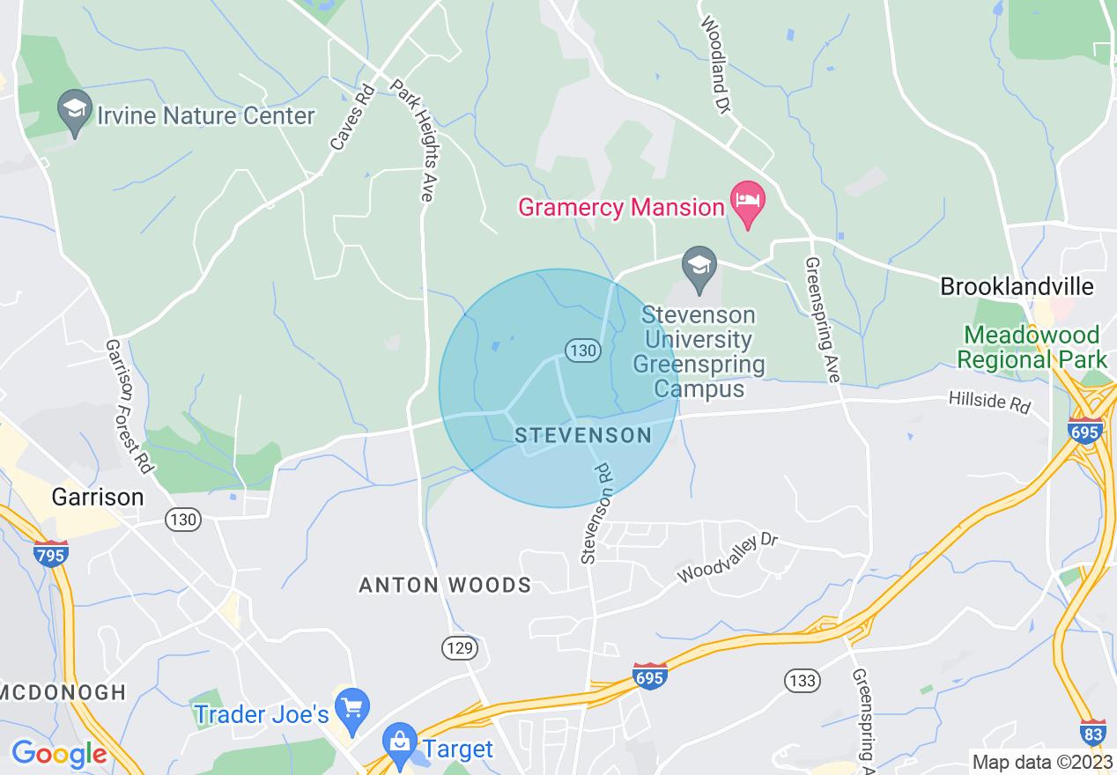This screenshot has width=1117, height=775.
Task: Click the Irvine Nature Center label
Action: tap(206, 115)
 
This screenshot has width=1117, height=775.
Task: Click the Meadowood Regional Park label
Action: tap(1032, 347)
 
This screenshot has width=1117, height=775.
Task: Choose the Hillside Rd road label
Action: tap(989, 402)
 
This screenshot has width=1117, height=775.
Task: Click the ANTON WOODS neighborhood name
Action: tap(445, 585)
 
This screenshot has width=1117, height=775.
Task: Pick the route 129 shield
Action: tap(460, 649)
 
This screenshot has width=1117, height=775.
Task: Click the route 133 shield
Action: tap(803, 680)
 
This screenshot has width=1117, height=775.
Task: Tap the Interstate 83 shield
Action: tap(1092, 733)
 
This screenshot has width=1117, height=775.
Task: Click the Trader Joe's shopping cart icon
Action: tap(352, 709)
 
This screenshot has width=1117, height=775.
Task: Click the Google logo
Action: tap(59, 754)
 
